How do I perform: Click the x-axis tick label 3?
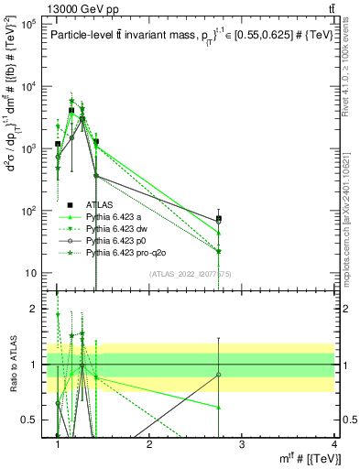pos(241,444)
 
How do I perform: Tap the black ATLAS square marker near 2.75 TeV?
pos(218,219)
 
